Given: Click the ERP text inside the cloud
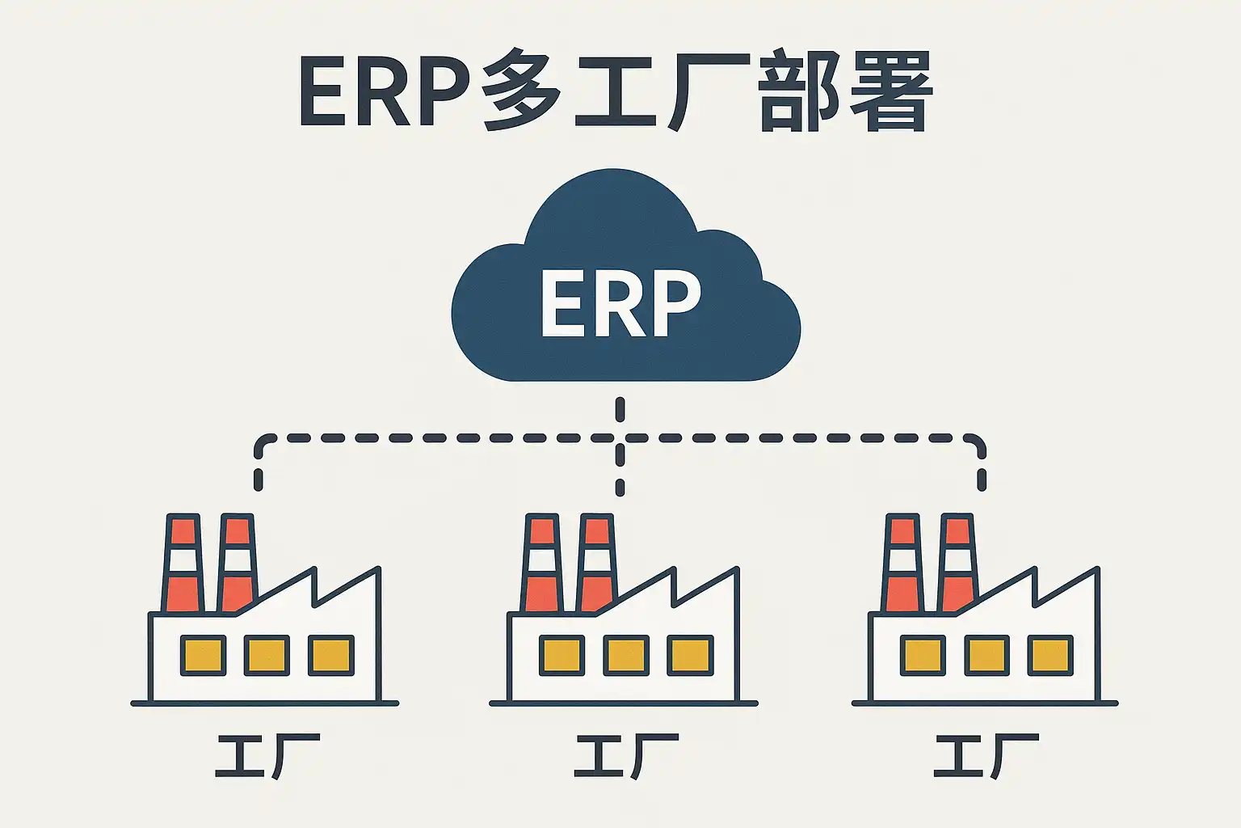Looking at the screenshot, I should click(x=620, y=303).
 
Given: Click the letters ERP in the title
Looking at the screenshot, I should click(x=385, y=91).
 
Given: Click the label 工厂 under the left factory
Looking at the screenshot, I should click(x=267, y=756).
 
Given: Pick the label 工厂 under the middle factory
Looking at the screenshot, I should click(x=626, y=756).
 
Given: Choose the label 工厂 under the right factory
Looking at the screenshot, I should click(x=986, y=756).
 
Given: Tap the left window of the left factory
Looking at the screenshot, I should click(x=203, y=655).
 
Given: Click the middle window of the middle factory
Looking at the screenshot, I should click(x=626, y=655).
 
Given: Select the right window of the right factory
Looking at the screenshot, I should click(x=1050, y=655).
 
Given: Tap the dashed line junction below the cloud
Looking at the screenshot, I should click(x=620, y=438).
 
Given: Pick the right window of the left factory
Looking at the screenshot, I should click(x=331, y=655).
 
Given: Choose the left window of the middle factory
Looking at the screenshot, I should click(x=562, y=655).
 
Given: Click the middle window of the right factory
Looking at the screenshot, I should click(x=986, y=655).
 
